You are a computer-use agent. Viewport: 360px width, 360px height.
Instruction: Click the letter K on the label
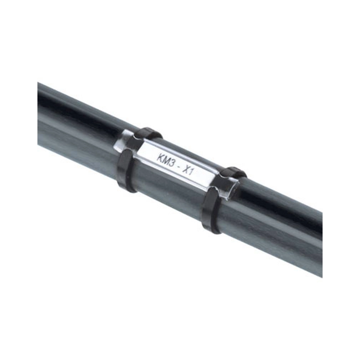pyautogui.click(x=159, y=158)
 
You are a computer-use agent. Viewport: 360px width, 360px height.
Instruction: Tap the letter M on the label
pyautogui.click(x=165, y=160)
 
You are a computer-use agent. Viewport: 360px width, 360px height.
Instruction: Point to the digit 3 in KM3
pyautogui.click(x=171, y=163)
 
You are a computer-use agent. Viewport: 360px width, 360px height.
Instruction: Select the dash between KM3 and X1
pyautogui.click(x=178, y=166)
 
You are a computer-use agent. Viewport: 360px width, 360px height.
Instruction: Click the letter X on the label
pyautogui.click(x=185, y=169)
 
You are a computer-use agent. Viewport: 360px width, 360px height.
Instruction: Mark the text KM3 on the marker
pyautogui.click(x=165, y=160)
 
